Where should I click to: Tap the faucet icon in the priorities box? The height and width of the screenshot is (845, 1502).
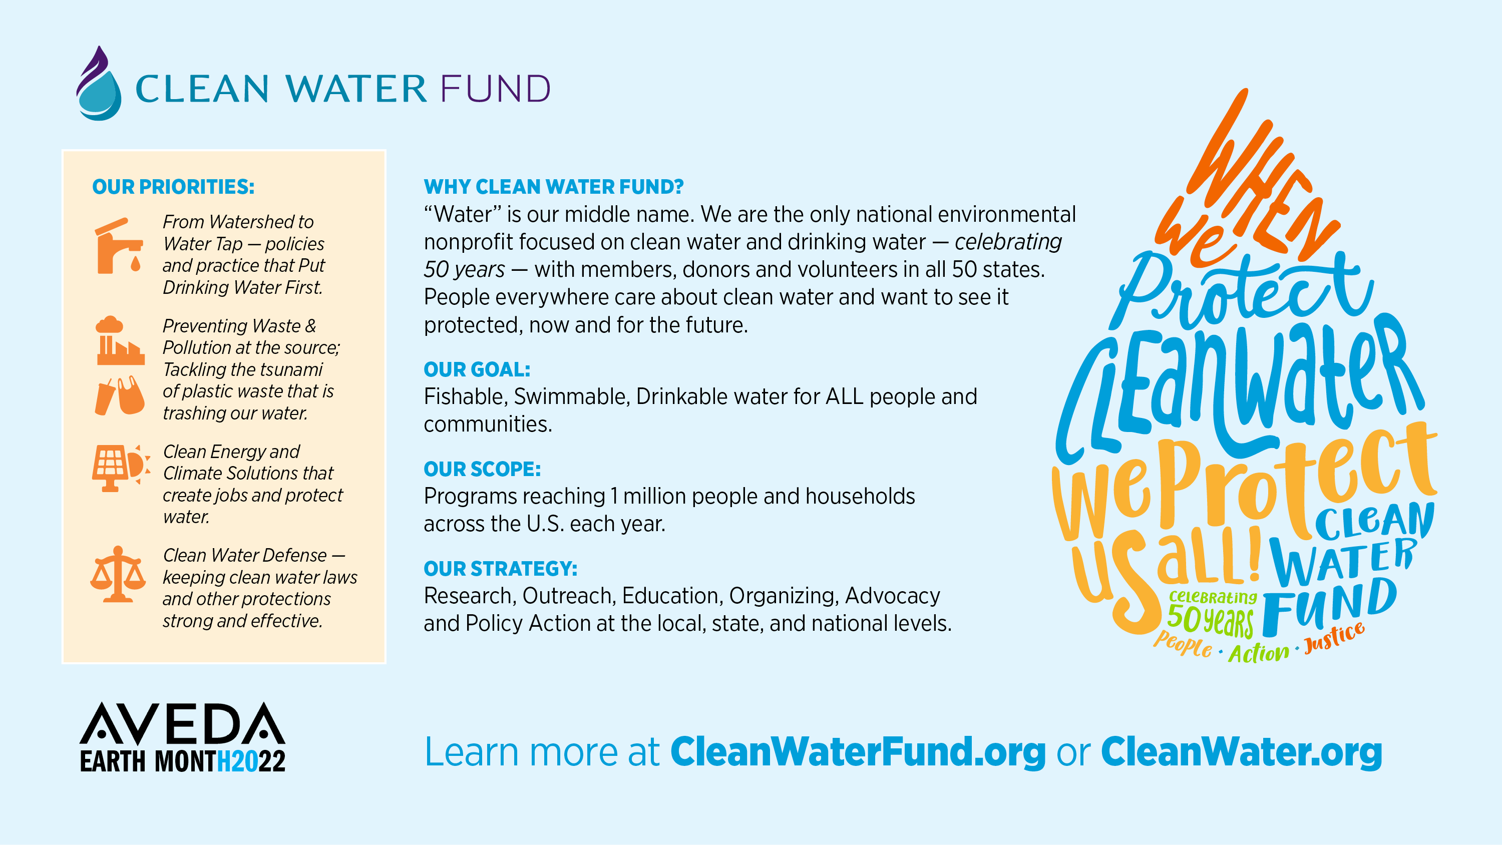118,246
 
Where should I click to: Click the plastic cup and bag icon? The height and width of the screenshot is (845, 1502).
120,395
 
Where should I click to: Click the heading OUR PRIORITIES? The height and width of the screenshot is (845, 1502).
173,187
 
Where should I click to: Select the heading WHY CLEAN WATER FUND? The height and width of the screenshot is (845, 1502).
553,187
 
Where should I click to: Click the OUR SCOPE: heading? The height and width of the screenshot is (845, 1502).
482,469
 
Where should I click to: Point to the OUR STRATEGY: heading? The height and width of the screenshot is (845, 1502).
500,569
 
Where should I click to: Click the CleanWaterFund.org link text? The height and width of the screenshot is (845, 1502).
858,752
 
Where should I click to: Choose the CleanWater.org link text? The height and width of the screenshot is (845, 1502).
1241,752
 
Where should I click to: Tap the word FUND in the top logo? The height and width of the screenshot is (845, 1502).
495,89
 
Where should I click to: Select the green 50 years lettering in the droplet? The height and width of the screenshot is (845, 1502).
1210,620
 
